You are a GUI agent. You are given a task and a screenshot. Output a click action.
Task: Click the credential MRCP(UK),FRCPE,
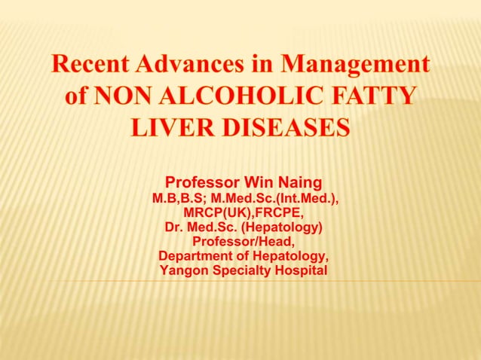(x=244, y=213)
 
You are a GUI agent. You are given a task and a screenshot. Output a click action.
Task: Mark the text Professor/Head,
(x=244, y=242)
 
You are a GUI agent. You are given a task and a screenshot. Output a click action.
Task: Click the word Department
(x=198, y=256)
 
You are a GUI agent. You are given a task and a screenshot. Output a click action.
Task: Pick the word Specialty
(x=244, y=270)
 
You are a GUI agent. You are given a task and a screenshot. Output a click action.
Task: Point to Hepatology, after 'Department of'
(x=292, y=256)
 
